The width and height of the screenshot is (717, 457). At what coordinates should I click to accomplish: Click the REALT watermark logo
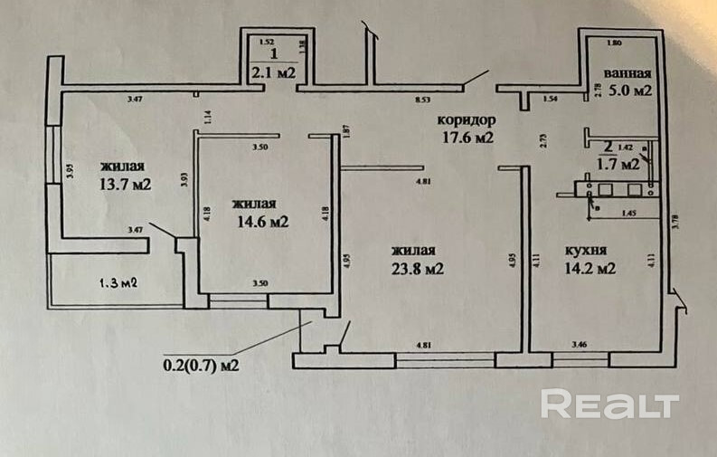pyautogui.click(x=609, y=405)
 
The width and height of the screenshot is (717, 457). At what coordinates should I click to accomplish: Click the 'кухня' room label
pyautogui.click(x=584, y=250)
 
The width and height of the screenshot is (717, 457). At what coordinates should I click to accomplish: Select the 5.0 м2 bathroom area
pyautogui.click(x=629, y=90)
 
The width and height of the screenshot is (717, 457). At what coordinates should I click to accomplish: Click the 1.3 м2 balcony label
pyautogui.click(x=118, y=282)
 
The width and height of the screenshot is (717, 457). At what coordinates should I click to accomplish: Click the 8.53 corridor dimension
pyautogui.click(x=420, y=99)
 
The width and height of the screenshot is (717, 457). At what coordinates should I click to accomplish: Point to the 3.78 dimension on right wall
pyautogui.click(x=676, y=220)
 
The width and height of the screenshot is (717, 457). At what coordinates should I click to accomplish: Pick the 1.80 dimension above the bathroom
pyautogui.click(x=614, y=43)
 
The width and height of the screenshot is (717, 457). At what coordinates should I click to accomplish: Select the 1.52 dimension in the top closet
pyautogui.click(x=266, y=42)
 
